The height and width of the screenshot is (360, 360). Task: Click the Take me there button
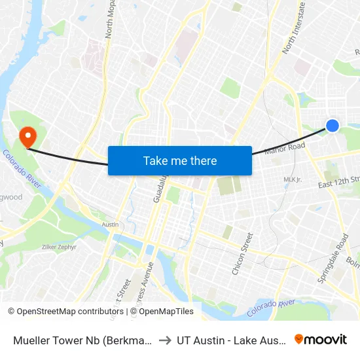click(x=180, y=160)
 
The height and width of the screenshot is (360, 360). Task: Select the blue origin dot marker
click(x=333, y=125)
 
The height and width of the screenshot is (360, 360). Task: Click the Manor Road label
click(x=285, y=149)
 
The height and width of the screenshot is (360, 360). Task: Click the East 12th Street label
click(x=339, y=181)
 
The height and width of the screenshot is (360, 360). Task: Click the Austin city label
click(x=110, y=225)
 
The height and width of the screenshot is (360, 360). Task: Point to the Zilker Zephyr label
click(x=60, y=247)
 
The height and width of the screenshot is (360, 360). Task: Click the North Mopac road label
click(x=109, y=20)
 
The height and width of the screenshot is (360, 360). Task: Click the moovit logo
click(x=321, y=339)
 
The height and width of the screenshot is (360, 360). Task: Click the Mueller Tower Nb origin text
click(x=83, y=340)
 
